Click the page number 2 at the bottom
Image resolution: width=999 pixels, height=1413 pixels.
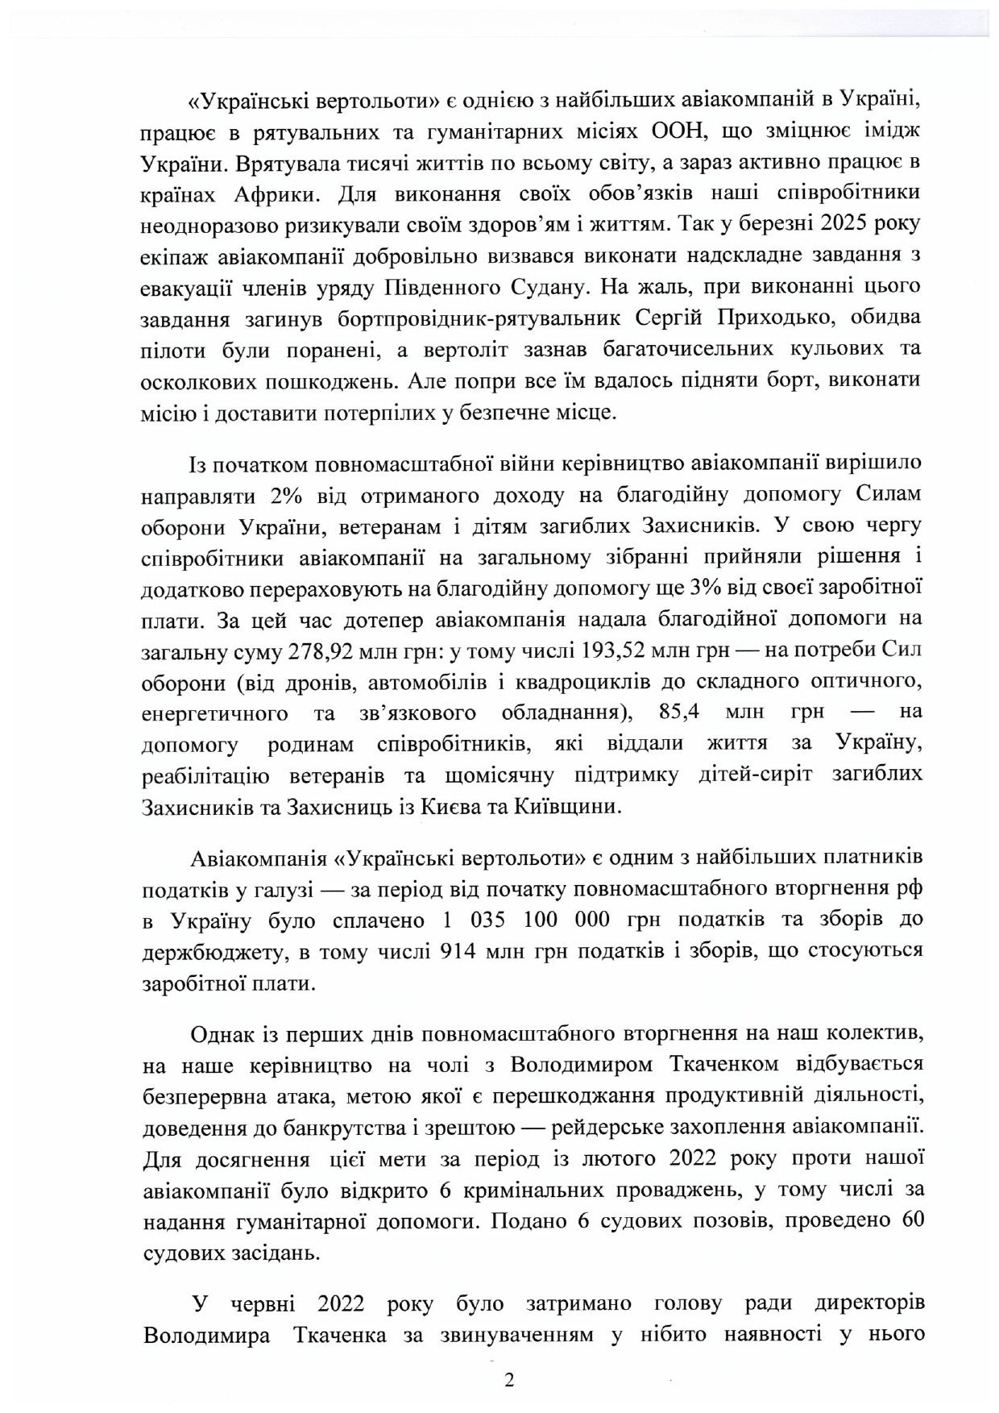point(508,1381)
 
